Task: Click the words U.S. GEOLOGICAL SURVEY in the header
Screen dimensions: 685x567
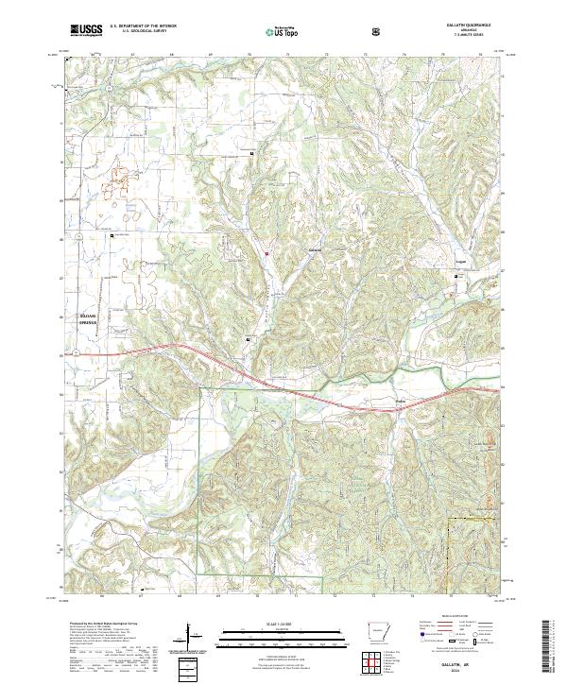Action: pos(144,33)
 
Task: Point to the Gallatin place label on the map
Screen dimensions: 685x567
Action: pos(290,249)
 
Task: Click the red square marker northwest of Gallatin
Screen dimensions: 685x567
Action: pos(267,253)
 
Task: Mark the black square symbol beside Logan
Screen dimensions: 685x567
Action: pos(460,275)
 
